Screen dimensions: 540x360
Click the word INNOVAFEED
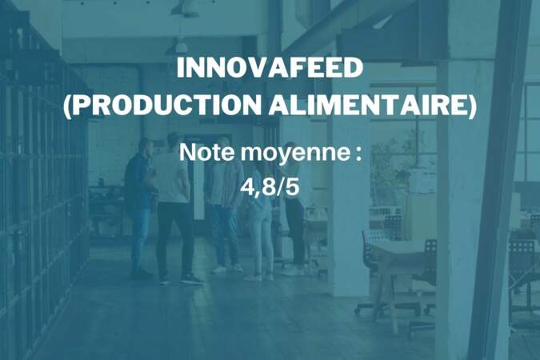[270, 68]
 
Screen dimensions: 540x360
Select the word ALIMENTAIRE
[368, 105]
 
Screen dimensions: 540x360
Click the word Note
[206, 152]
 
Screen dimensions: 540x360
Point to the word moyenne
[295, 154]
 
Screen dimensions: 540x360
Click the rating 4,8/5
[270, 187]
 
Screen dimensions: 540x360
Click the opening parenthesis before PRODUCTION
[67, 105]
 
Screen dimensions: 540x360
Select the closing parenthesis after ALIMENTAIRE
[472, 105]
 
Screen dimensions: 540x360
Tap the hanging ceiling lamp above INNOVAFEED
[181, 46]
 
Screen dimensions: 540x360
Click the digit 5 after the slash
[293, 187]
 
